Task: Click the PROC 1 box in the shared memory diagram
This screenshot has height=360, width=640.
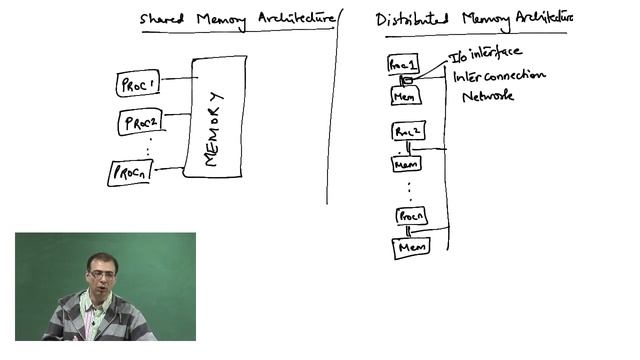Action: tap(138, 84)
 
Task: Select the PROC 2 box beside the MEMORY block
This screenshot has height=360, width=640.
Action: tap(139, 124)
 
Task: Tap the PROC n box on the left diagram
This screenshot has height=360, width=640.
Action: tap(130, 173)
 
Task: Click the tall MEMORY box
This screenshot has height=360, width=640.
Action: tap(213, 117)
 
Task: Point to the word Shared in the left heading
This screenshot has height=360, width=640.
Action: tap(162, 18)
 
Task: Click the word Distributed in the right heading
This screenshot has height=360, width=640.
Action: tap(413, 19)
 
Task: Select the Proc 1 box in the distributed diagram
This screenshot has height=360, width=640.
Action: tap(402, 64)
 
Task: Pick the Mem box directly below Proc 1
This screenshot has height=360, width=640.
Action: tap(405, 96)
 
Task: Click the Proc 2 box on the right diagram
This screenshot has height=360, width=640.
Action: tap(408, 131)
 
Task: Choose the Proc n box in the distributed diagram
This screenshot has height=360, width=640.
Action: tap(411, 216)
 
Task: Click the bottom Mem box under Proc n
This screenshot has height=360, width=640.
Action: tap(411, 247)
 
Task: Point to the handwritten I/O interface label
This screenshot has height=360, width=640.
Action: tap(485, 53)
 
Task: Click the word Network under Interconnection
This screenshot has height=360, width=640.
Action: tap(487, 97)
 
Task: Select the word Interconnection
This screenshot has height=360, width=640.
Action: tap(499, 76)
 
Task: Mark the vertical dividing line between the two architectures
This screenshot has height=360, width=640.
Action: tap(331, 110)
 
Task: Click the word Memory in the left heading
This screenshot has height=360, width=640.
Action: tap(219, 18)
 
